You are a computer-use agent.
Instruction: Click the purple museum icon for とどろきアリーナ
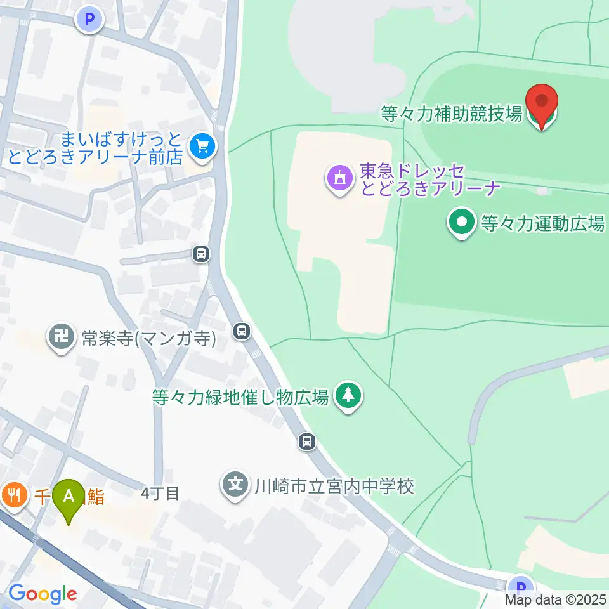pyautogui.click(x=339, y=178)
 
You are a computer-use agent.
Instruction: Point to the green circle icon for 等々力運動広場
pyautogui.click(x=462, y=223)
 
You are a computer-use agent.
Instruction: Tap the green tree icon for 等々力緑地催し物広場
pyautogui.click(x=348, y=396)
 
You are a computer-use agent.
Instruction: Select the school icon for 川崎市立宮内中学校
pyautogui.click(x=236, y=487)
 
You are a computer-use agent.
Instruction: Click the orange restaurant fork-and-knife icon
pyautogui.click(x=13, y=494)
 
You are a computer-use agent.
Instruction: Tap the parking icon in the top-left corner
pyautogui.click(x=89, y=20)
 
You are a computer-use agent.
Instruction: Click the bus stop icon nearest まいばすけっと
pyautogui.click(x=201, y=254)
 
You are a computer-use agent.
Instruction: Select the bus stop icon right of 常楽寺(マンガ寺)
pyautogui.click(x=241, y=330)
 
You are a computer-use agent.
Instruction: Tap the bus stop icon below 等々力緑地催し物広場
pyautogui.click(x=307, y=440)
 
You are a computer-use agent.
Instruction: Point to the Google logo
pyautogui.click(x=43, y=594)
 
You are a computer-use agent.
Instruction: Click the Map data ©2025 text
pyautogui.click(x=556, y=599)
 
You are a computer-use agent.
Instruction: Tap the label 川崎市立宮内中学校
pyautogui.click(x=334, y=487)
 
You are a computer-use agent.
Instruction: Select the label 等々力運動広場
pyautogui.click(x=542, y=223)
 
